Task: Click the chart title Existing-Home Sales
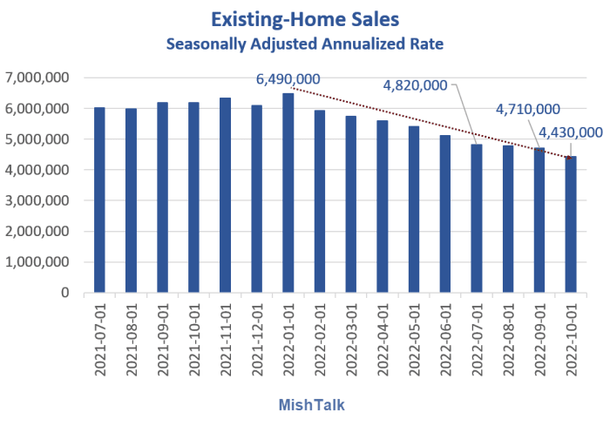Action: coord(305,17)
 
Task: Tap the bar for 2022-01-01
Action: coord(288,193)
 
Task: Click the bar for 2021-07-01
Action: coord(99,200)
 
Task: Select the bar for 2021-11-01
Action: coord(225,195)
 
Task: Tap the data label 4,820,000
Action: coord(416,85)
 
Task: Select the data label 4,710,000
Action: coord(528,109)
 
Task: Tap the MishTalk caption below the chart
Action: coord(305,405)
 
